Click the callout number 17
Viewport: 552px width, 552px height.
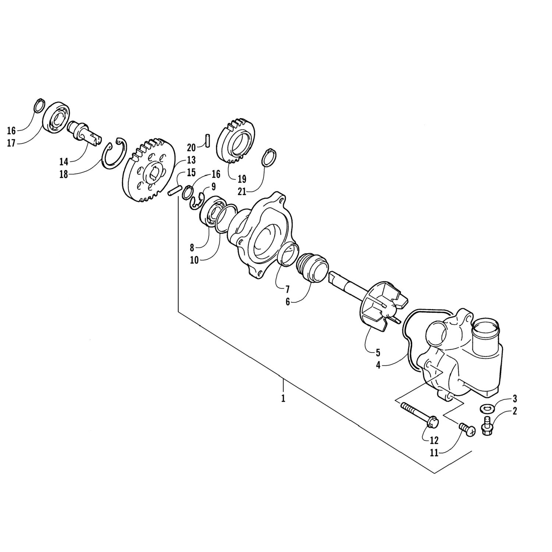click(x=11, y=143)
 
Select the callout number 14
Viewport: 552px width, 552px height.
click(x=64, y=162)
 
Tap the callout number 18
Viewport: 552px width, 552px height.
click(x=64, y=174)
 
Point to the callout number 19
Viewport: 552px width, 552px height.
click(x=242, y=179)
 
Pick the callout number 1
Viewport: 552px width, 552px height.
click(x=283, y=399)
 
